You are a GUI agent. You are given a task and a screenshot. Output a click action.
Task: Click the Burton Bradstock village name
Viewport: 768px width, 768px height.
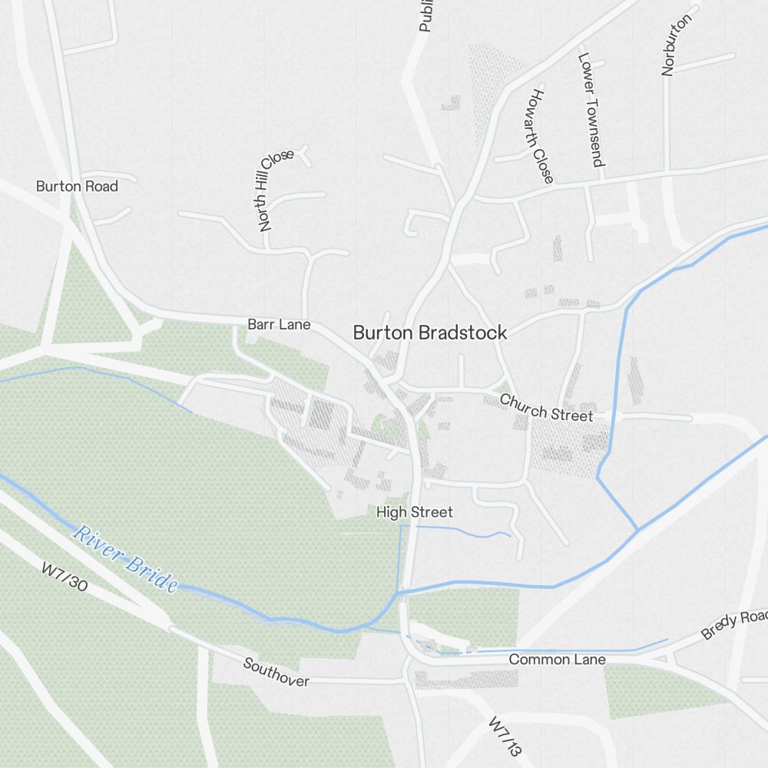pos(430,333)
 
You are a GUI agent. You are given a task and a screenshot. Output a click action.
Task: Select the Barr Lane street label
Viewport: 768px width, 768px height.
pos(279,325)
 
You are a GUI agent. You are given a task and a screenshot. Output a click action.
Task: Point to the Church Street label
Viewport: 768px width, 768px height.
pos(546,408)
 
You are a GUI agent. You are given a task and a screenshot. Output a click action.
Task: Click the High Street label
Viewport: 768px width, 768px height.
pos(415,512)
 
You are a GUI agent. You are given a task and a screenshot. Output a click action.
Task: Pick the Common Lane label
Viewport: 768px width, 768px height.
pos(557,660)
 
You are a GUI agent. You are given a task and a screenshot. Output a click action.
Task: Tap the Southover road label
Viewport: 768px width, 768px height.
pos(276,671)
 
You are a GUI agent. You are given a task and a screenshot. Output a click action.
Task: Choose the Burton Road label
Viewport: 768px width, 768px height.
pos(77,187)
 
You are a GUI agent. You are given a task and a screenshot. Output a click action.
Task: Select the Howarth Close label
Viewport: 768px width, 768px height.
pos(541,136)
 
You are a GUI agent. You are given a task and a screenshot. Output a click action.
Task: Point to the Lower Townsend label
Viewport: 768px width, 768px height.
pos(591,109)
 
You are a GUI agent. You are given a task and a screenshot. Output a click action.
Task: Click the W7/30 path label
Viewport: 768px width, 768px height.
pos(65,577)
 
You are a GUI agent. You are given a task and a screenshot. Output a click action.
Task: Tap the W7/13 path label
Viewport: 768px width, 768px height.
pos(505,738)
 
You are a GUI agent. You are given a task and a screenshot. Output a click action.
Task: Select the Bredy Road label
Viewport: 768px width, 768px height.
pos(733,625)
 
